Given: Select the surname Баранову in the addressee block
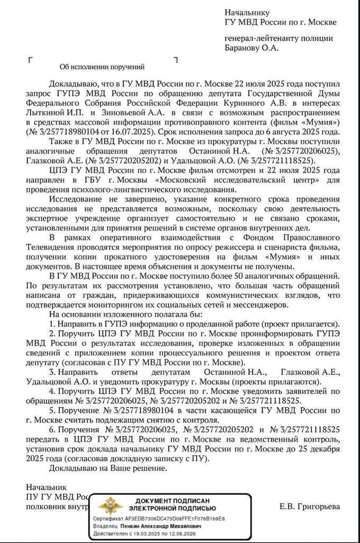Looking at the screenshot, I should coord(244,48).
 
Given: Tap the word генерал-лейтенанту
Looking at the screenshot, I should coord(262,38).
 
